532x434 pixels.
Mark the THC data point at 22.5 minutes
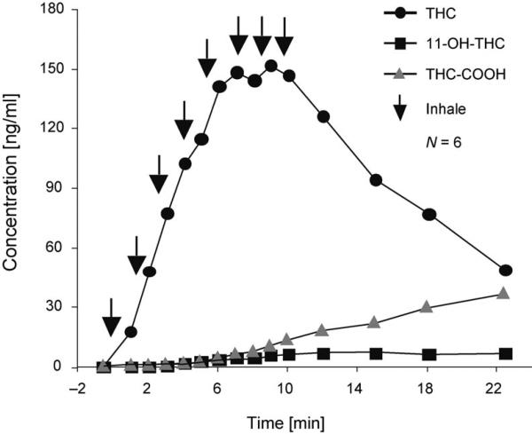tap(505, 270)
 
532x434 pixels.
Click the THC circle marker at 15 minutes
tap(375, 180)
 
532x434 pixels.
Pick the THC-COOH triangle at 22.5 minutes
tap(504, 293)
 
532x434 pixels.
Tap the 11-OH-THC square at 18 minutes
tap(429, 354)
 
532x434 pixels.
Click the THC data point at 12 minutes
tap(324, 116)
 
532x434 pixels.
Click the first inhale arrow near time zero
tap(111, 317)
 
